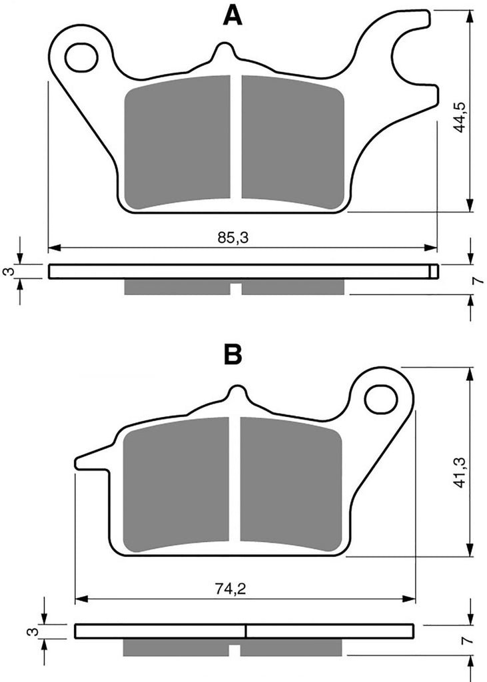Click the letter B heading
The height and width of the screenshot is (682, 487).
point(233,356)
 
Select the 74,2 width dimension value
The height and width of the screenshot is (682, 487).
point(228,588)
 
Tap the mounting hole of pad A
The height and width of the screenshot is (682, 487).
point(81,56)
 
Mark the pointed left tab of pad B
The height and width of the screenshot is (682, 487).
point(90,462)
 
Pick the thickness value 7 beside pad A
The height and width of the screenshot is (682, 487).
point(475,281)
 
